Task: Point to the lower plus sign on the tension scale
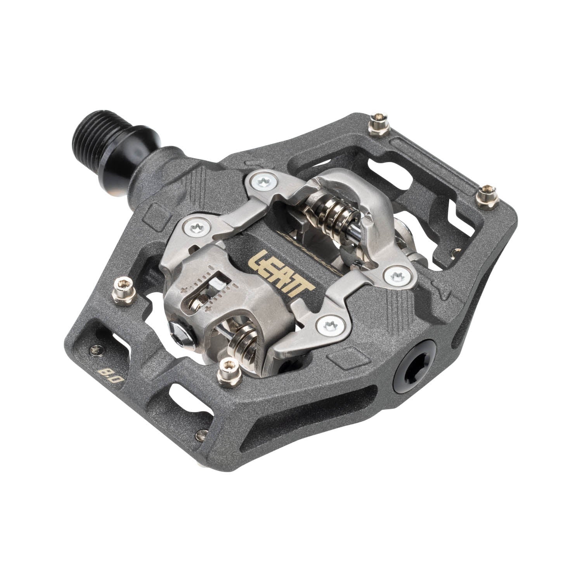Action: click(x=210, y=308)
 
